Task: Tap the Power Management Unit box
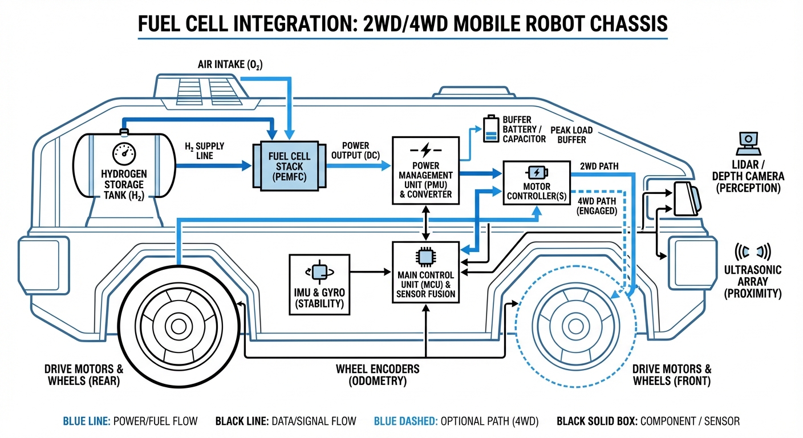[x=426, y=170]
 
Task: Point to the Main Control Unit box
[x=426, y=273]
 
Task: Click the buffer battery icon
[x=490, y=129]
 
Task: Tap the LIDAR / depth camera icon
[x=747, y=143]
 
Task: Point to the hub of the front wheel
[x=575, y=327]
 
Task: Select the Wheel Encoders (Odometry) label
[x=378, y=375]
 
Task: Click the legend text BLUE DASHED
[x=404, y=421]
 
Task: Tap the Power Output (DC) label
[x=355, y=151]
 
